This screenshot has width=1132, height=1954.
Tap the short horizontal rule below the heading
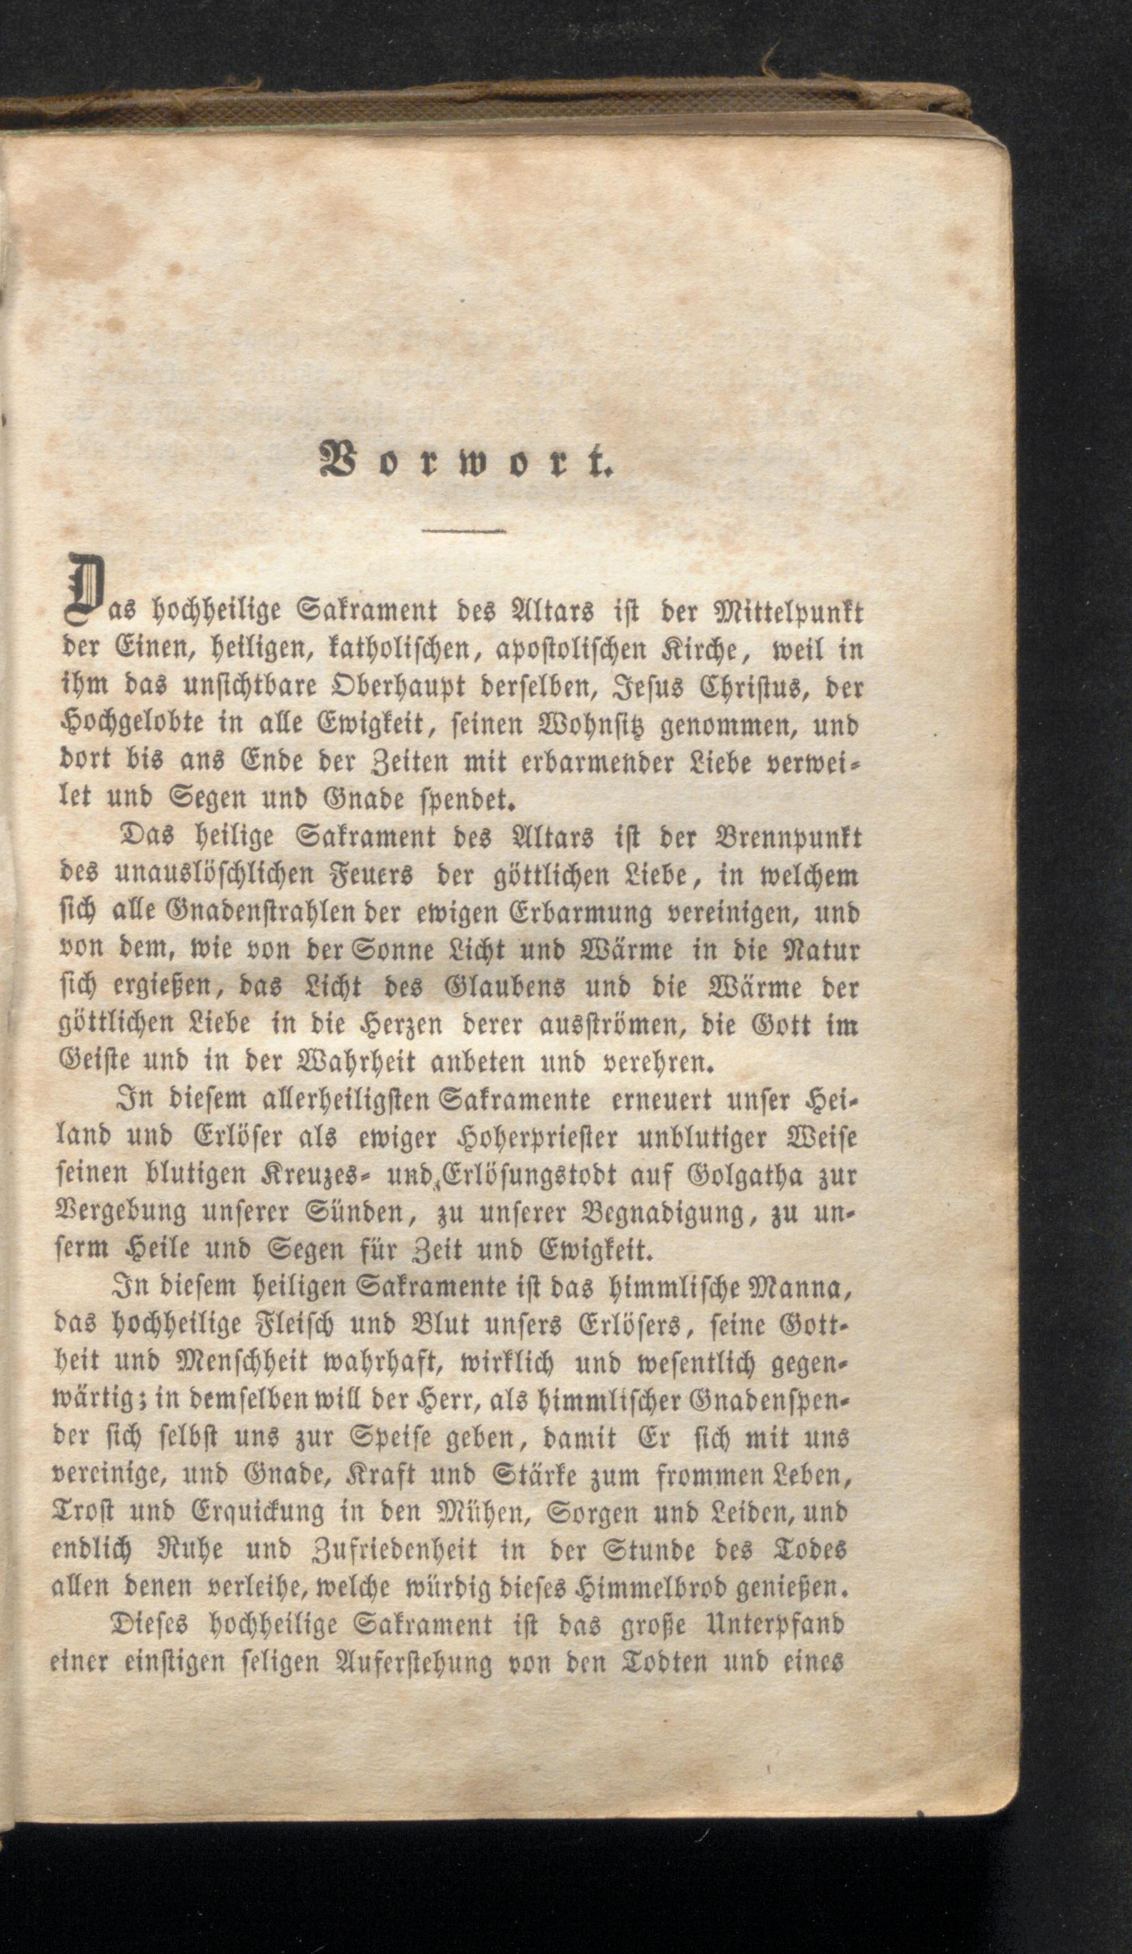[463, 531]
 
